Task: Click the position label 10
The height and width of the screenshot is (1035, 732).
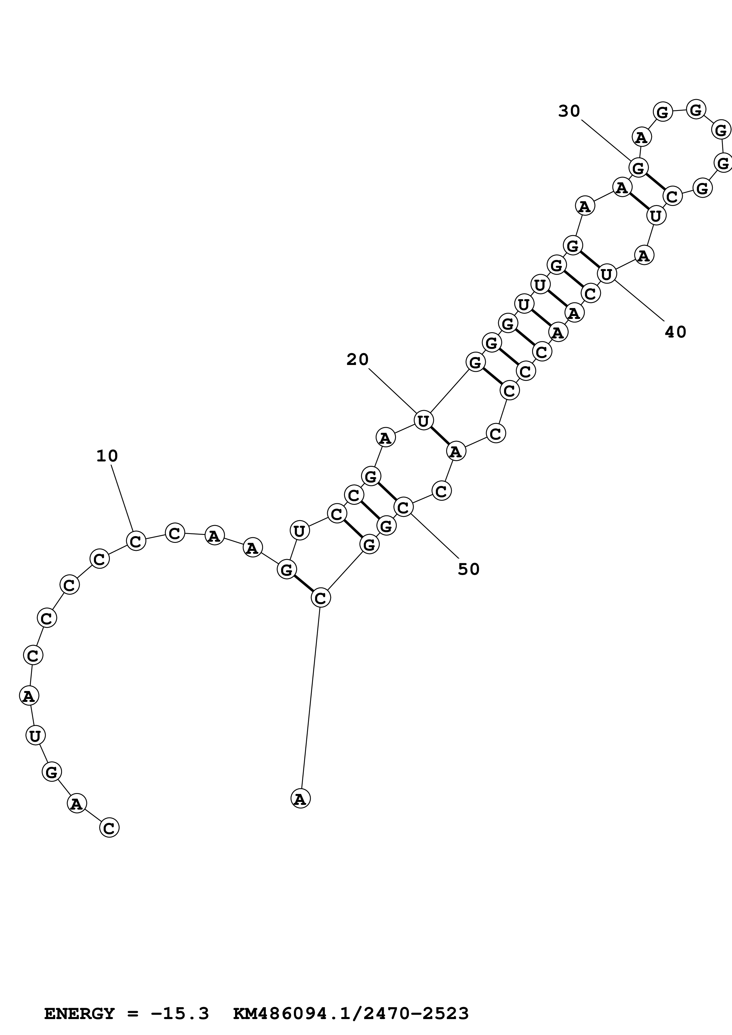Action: pos(107,456)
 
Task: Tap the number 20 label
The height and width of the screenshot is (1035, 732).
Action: pos(358,359)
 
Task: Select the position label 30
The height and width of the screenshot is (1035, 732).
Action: pos(569,111)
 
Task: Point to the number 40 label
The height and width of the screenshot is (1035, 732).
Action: pos(675,332)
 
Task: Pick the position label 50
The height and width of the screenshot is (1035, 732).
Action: pos(469,569)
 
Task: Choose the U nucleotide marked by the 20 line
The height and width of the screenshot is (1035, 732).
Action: pos(423,421)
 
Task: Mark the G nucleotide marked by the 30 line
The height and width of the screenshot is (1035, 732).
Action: pos(639,168)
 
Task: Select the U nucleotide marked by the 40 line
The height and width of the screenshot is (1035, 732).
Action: pos(607,274)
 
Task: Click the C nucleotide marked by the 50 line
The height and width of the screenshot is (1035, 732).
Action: pos(404,507)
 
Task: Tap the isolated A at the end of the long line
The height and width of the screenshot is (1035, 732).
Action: pos(300,799)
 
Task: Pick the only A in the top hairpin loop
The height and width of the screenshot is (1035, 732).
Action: pos(641,137)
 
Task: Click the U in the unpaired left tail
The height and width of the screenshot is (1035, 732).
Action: pos(35,736)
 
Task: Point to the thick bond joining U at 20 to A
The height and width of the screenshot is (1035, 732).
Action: pos(440,436)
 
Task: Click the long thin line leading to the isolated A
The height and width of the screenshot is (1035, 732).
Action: pos(310,699)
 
